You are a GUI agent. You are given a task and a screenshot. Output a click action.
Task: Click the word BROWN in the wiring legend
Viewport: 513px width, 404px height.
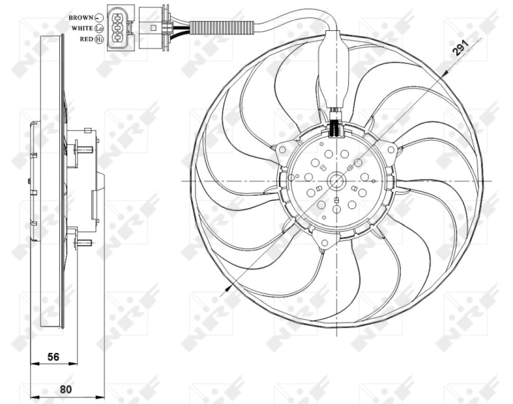point(80,17)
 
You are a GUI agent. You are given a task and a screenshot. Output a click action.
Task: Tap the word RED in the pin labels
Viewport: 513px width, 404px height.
point(86,40)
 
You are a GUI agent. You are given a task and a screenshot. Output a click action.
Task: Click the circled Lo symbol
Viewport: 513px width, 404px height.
point(100,28)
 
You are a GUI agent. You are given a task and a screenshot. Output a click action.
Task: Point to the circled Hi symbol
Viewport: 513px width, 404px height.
point(100,40)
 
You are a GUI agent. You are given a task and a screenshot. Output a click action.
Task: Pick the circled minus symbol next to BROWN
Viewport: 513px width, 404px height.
point(100,17)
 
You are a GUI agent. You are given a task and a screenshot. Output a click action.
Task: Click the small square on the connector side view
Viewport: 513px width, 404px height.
point(154,28)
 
